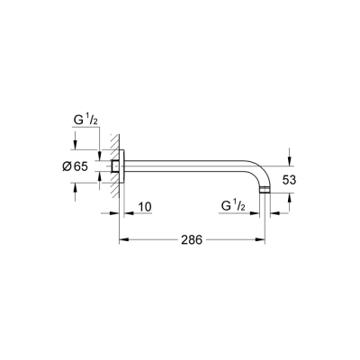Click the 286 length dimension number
point(191,240)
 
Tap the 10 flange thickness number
point(144,208)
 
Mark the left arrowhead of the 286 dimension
point(124,239)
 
